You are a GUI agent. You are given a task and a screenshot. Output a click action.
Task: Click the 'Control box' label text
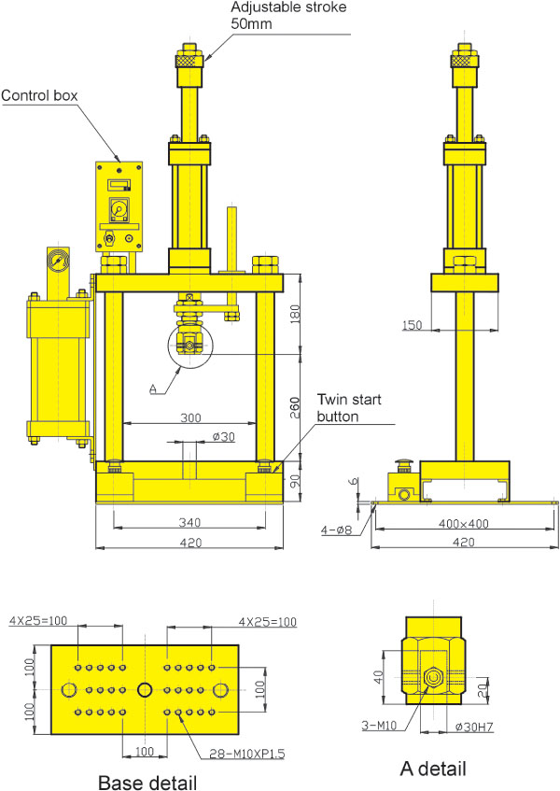point(39,95)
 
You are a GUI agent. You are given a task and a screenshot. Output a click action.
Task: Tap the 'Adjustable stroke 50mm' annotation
point(288,15)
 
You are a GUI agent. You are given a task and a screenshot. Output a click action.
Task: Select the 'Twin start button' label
point(349,408)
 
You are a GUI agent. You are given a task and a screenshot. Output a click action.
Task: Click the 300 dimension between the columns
point(190,417)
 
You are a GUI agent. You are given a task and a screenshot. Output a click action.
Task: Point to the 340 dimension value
point(189,522)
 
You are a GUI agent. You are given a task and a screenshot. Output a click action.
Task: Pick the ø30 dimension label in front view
point(224,436)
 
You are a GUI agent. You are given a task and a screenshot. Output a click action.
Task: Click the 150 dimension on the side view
point(413,325)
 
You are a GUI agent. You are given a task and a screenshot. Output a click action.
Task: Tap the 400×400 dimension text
point(464,524)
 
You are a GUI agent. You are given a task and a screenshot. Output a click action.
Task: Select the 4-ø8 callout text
point(337,530)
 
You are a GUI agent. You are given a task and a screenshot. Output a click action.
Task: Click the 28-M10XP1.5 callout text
point(247,754)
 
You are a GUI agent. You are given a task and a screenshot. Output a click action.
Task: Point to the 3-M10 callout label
point(379,726)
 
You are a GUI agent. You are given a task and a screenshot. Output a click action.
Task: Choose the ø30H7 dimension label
point(474,727)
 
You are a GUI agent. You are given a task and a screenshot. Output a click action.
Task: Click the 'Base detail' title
point(147,782)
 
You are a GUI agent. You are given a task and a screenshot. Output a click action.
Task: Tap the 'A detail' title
point(433,769)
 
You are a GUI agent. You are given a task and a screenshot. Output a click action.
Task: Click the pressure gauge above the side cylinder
point(58,261)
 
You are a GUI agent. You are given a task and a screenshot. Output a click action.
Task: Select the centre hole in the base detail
point(145,689)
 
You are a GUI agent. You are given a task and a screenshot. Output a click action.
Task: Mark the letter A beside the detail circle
point(154,388)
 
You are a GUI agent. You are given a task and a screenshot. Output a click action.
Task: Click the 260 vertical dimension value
point(295,407)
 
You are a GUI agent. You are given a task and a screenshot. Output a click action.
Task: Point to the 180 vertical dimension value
point(295,314)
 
